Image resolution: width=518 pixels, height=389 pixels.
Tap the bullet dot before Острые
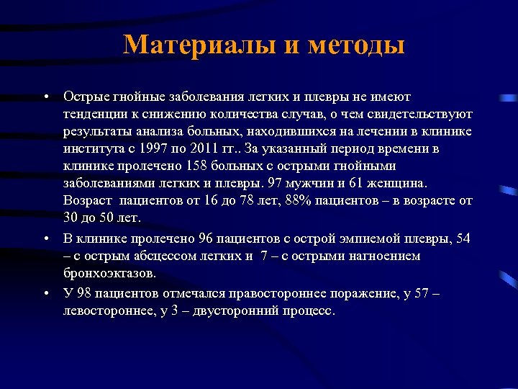point(45,96)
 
